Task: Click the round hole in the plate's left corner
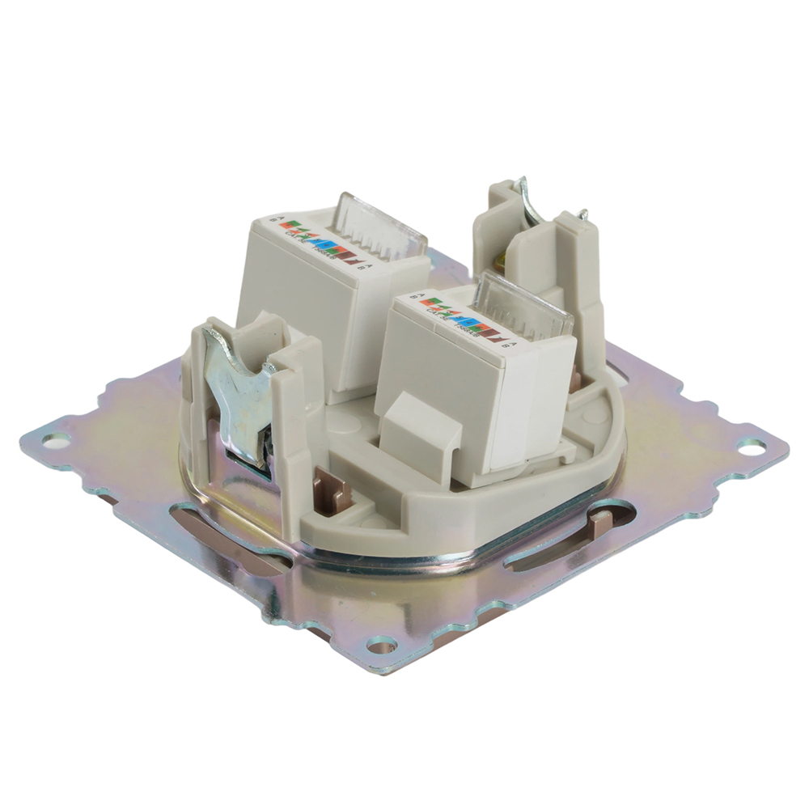55,441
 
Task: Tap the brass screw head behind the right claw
503,260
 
